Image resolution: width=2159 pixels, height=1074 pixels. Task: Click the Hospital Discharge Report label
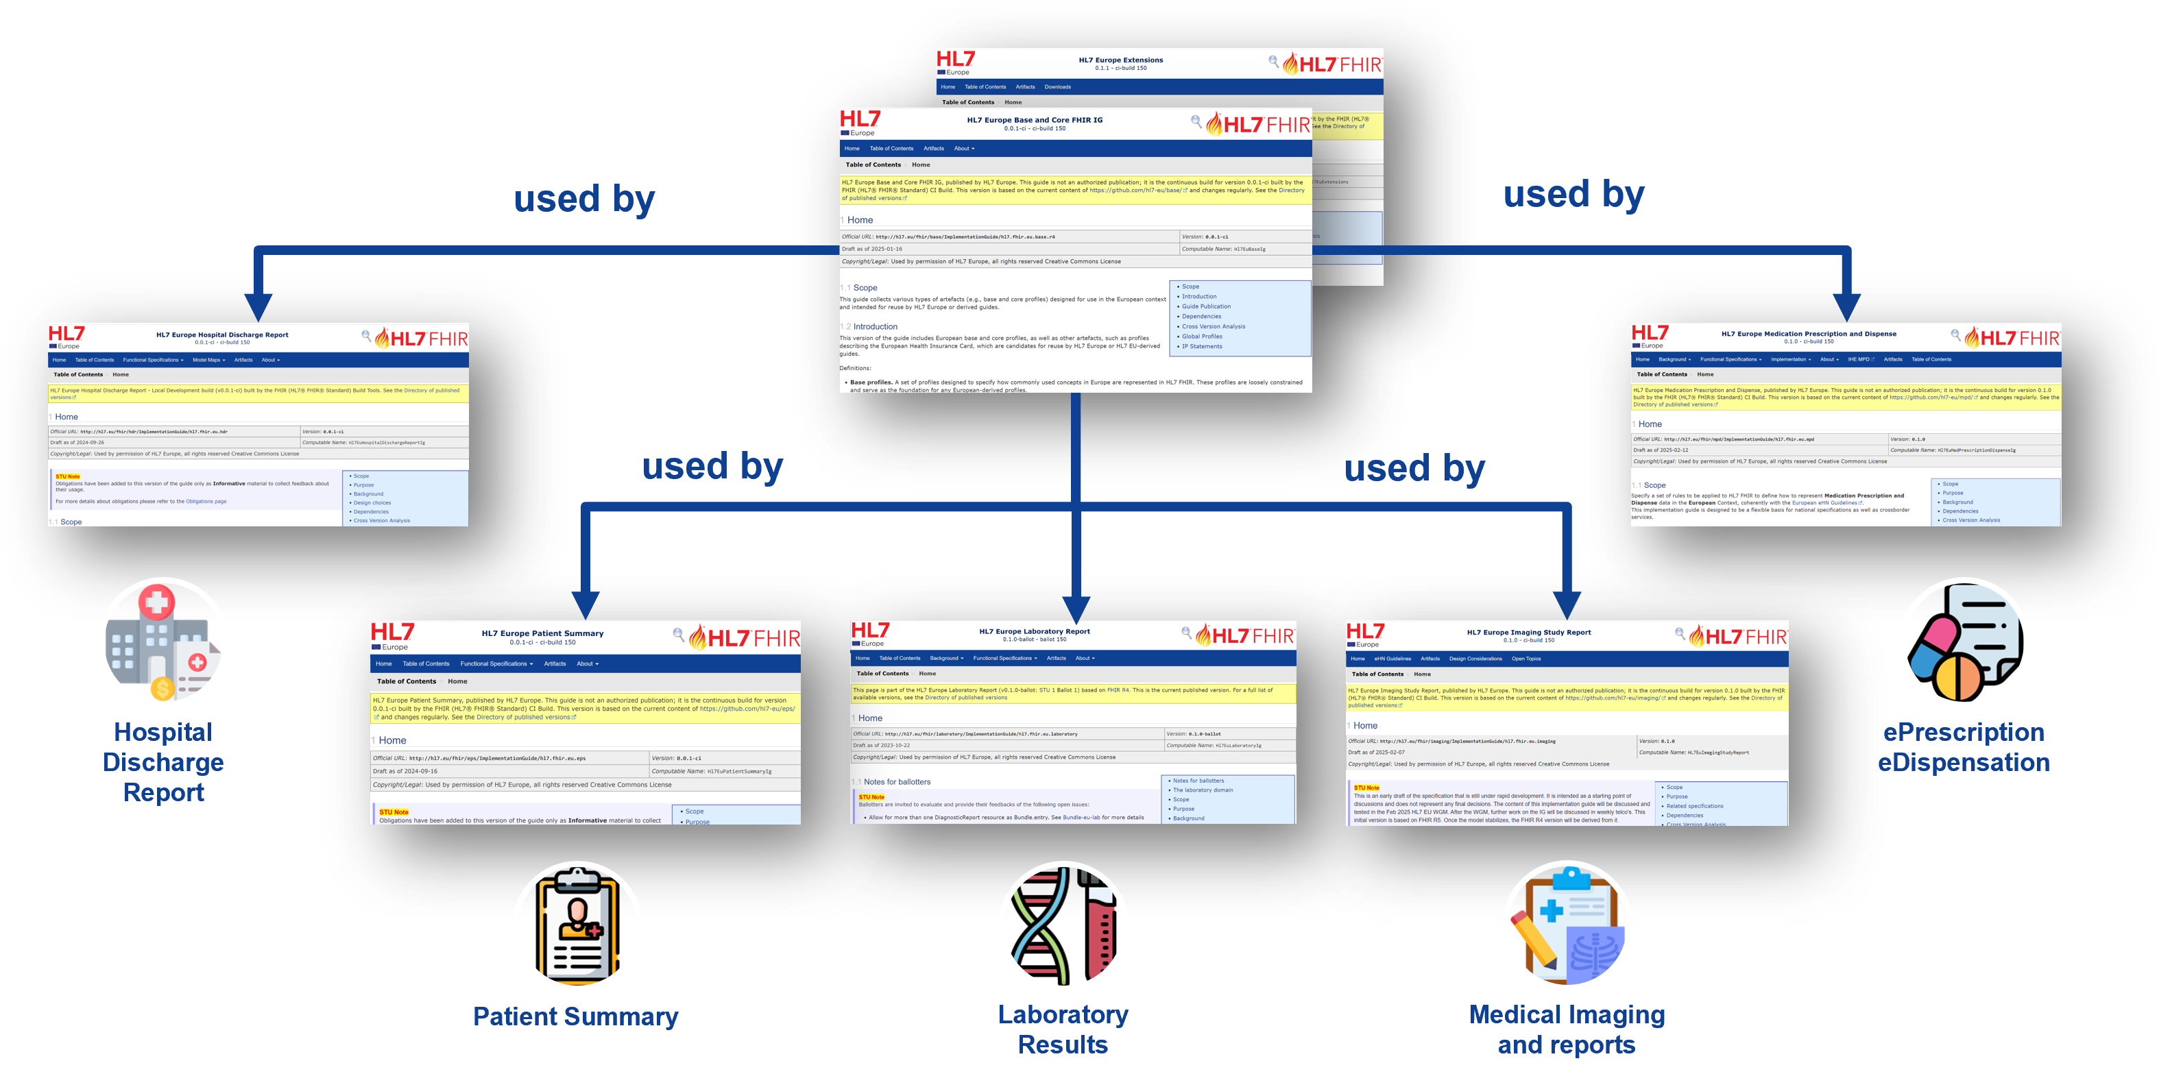(x=163, y=761)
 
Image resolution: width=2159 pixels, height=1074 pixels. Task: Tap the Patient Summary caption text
(x=575, y=1016)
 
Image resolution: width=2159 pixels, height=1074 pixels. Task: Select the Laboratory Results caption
(x=1063, y=1029)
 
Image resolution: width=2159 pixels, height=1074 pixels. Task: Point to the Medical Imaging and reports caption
(x=1567, y=1029)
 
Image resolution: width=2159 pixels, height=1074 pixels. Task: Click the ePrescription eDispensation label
(x=1963, y=747)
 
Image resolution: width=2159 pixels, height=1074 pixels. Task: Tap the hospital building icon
(x=163, y=644)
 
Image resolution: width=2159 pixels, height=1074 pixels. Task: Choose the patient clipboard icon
(x=577, y=926)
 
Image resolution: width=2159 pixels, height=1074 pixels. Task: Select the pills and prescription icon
(x=1963, y=644)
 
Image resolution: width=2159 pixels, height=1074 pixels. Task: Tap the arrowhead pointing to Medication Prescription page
(x=1847, y=305)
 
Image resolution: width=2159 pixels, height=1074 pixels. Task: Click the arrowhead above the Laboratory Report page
(x=1076, y=606)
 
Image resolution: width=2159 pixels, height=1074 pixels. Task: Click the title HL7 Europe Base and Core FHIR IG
(x=1034, y=120)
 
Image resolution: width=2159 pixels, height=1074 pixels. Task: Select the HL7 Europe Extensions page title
(x=1120, y=60)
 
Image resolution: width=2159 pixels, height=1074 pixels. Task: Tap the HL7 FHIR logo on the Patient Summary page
(x=745, y=638)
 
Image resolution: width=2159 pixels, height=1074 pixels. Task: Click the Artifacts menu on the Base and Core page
(x=934, y=148)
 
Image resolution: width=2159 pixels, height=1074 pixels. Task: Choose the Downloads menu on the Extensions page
(x=1058, y=87)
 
